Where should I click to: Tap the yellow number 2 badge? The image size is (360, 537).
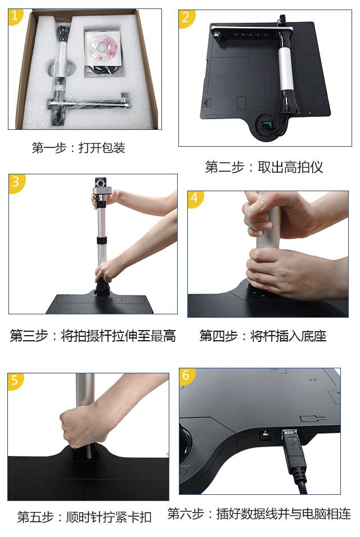(186, 17)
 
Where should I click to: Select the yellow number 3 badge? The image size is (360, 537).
(16, 182)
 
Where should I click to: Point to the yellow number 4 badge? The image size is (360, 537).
(195, 198)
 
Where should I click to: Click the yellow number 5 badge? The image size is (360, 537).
(15, 381)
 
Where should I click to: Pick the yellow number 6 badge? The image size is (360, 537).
(186, 376)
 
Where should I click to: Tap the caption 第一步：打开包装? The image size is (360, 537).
(78, 148)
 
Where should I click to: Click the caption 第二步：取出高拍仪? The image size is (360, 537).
(264, 167)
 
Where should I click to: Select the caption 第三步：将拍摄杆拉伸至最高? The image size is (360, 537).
(93, 336)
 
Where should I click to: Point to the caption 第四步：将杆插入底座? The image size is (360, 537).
(263, 336)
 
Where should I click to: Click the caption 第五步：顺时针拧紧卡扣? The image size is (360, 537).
(84, 517)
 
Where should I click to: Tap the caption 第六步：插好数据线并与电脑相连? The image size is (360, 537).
(259, 514)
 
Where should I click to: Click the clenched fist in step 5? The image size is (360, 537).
(81, 424)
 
